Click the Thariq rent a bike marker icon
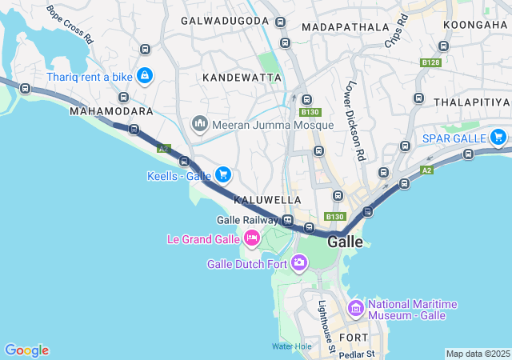coord(145,76)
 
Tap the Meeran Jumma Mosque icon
coord(199,125)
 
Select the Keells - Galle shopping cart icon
coord(222,174)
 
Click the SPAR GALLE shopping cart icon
coord(498,137)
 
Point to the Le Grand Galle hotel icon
coord(251,238)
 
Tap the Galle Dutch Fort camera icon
coord(299,262)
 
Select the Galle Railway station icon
coord(287,220)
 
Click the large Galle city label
coord(345,241)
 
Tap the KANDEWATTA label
coord(242,78)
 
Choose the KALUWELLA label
coord(267,199)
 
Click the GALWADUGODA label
coord(225,20)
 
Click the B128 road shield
coord(430,62)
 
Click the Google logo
coord(26,350)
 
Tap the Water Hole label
coord(291,346)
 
